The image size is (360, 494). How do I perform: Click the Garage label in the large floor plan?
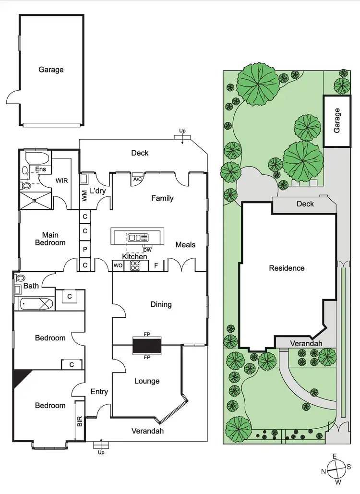(51, 70)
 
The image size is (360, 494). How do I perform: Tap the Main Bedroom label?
(50, 239)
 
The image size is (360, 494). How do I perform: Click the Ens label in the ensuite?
(41, 169)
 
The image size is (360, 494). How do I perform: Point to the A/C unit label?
(138, 179)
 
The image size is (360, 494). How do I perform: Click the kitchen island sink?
(138, 237)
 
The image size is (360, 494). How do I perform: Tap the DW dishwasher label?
(147, 250)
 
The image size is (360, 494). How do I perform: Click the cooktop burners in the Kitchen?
(136, 265)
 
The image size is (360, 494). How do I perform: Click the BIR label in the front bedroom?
(80, 422)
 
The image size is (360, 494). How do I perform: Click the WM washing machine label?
(84, 195)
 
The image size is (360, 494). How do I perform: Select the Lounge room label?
(147, 381)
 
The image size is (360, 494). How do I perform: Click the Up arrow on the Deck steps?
(182, 137)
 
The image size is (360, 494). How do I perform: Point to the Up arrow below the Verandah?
(101, 446)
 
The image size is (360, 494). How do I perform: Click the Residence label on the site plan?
(287, 268)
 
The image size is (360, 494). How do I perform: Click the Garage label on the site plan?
(337, 120)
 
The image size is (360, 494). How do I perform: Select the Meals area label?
(185, 245)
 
